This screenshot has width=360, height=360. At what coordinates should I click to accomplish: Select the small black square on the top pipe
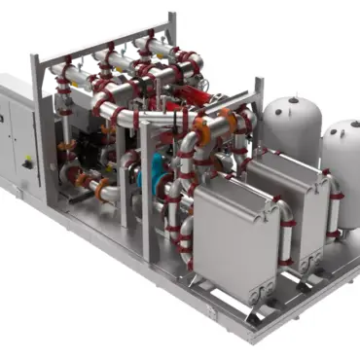tap(90, 66)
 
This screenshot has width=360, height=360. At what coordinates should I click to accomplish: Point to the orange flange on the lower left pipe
tap(102, 185)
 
